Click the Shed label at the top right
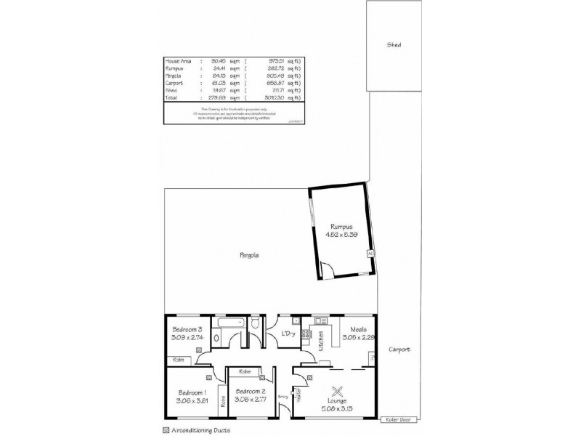[x=394, y=44]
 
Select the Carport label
[x=399, y=350]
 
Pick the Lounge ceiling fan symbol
[x=337, y=390]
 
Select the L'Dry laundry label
[x=288, y=334]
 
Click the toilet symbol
[x=256, y=324]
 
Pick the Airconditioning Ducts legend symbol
[x=166, y=429]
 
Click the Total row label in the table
[x=172, y=97]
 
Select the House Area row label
[x=178, y=61]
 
